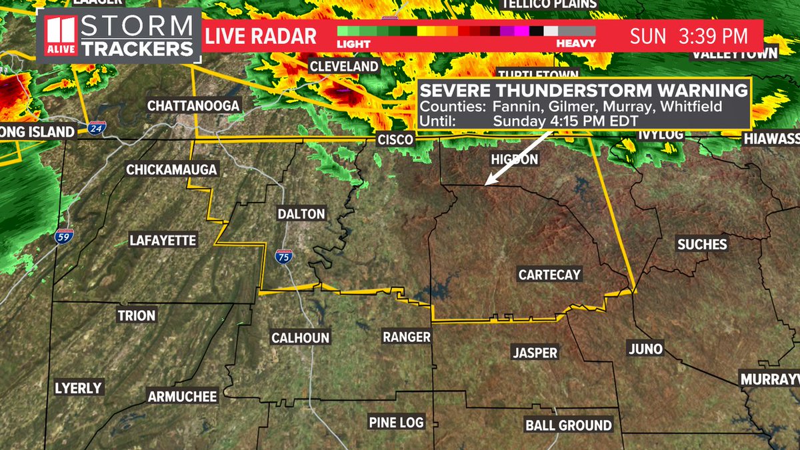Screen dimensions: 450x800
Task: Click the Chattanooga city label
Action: (193, 106)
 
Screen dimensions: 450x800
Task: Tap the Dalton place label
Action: (301, 214)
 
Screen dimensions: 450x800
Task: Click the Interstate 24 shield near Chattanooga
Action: (97, 127)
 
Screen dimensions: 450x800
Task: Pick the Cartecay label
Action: (550, 275)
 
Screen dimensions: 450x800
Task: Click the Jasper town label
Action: (535, 353)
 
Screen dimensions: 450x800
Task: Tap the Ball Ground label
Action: (568, 425)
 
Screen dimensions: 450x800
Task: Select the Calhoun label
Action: (300, 338)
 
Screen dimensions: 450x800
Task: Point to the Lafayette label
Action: (163, 241)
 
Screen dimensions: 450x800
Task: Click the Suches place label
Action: (701, 245)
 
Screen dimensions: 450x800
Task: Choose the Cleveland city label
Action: (343, 67)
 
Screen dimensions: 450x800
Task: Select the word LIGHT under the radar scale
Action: (353, 43)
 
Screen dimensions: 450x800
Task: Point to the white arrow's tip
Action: (486, 184)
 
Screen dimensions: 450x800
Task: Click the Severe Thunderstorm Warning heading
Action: (583, 91)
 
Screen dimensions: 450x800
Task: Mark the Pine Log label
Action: (396, 423)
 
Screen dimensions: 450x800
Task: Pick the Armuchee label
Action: (182, 397)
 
